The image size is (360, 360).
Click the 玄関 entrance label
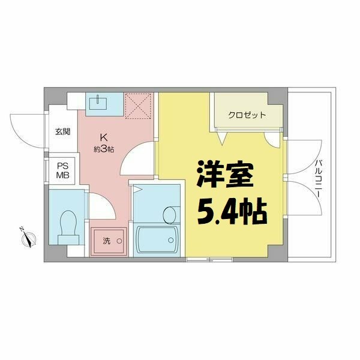(63, 131)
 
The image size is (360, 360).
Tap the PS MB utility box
(63, 170)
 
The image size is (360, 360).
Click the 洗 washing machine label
(106, 241)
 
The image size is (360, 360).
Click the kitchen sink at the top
(97, 103)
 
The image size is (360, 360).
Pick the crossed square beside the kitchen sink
(139, 106)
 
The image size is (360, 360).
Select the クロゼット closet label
(247, 115)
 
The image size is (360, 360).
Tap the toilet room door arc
(100, 207)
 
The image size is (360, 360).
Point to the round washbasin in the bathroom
(170, 213)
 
